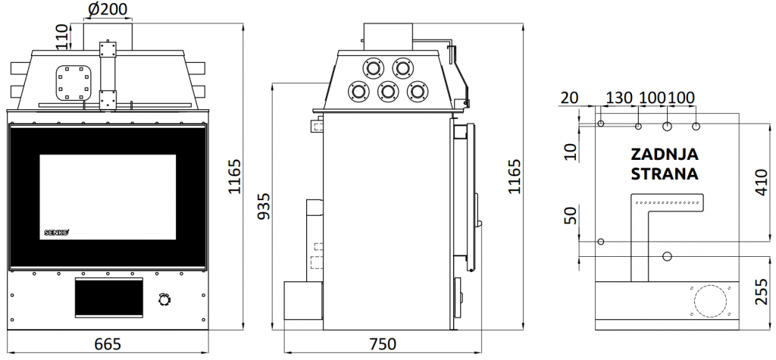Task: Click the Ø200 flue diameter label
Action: pyautogui.click(x=108, y=8)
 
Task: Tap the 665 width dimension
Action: pyautogui.click(x=108, y=343)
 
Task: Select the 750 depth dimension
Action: pyautogui.click(x=383, y=343)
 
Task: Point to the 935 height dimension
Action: pyautogui.click(x=264, y=206)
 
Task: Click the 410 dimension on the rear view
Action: pyautogui.click(x=762, y=182)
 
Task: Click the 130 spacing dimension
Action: pyautogui.click(x=620, y=98)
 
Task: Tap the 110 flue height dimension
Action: pyautogui.click(x=61, y=36)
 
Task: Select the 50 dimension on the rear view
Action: pyautogui.click(x=571, y=215)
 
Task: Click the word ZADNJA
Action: pyautogui.click(x=665, y=155)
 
